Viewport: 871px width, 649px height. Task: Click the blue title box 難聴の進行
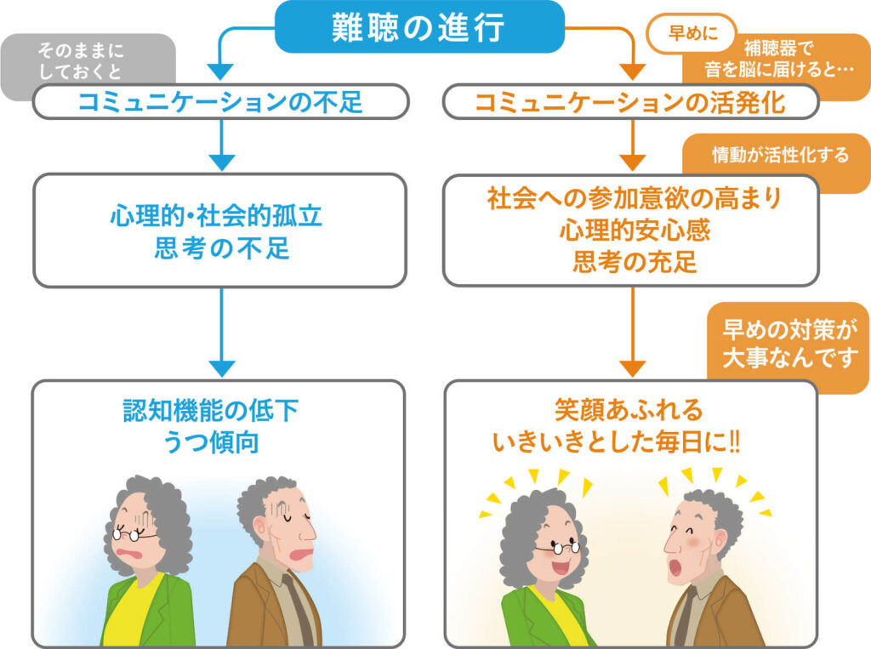tap(419, 26)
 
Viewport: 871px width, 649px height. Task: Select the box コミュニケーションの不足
tap(221, 102)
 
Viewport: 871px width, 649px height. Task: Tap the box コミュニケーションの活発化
tap(631, 102)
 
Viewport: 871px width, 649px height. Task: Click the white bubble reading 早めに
tap(691, 33)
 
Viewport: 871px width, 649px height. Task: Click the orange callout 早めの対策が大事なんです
tap(788, 344)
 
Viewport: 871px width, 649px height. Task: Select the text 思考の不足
tap(222, 248)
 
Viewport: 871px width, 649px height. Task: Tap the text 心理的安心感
tap(635, 230)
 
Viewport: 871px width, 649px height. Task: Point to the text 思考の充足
tap(635, 262)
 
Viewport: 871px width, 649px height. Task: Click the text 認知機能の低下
tap(211, 411)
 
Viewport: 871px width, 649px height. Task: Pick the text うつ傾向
tap(211, 442)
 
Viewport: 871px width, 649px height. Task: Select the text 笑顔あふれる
tap(629, 411)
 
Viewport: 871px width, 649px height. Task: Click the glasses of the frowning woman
tap(134, 534)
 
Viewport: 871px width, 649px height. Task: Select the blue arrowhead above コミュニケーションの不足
tap(222, 71)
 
